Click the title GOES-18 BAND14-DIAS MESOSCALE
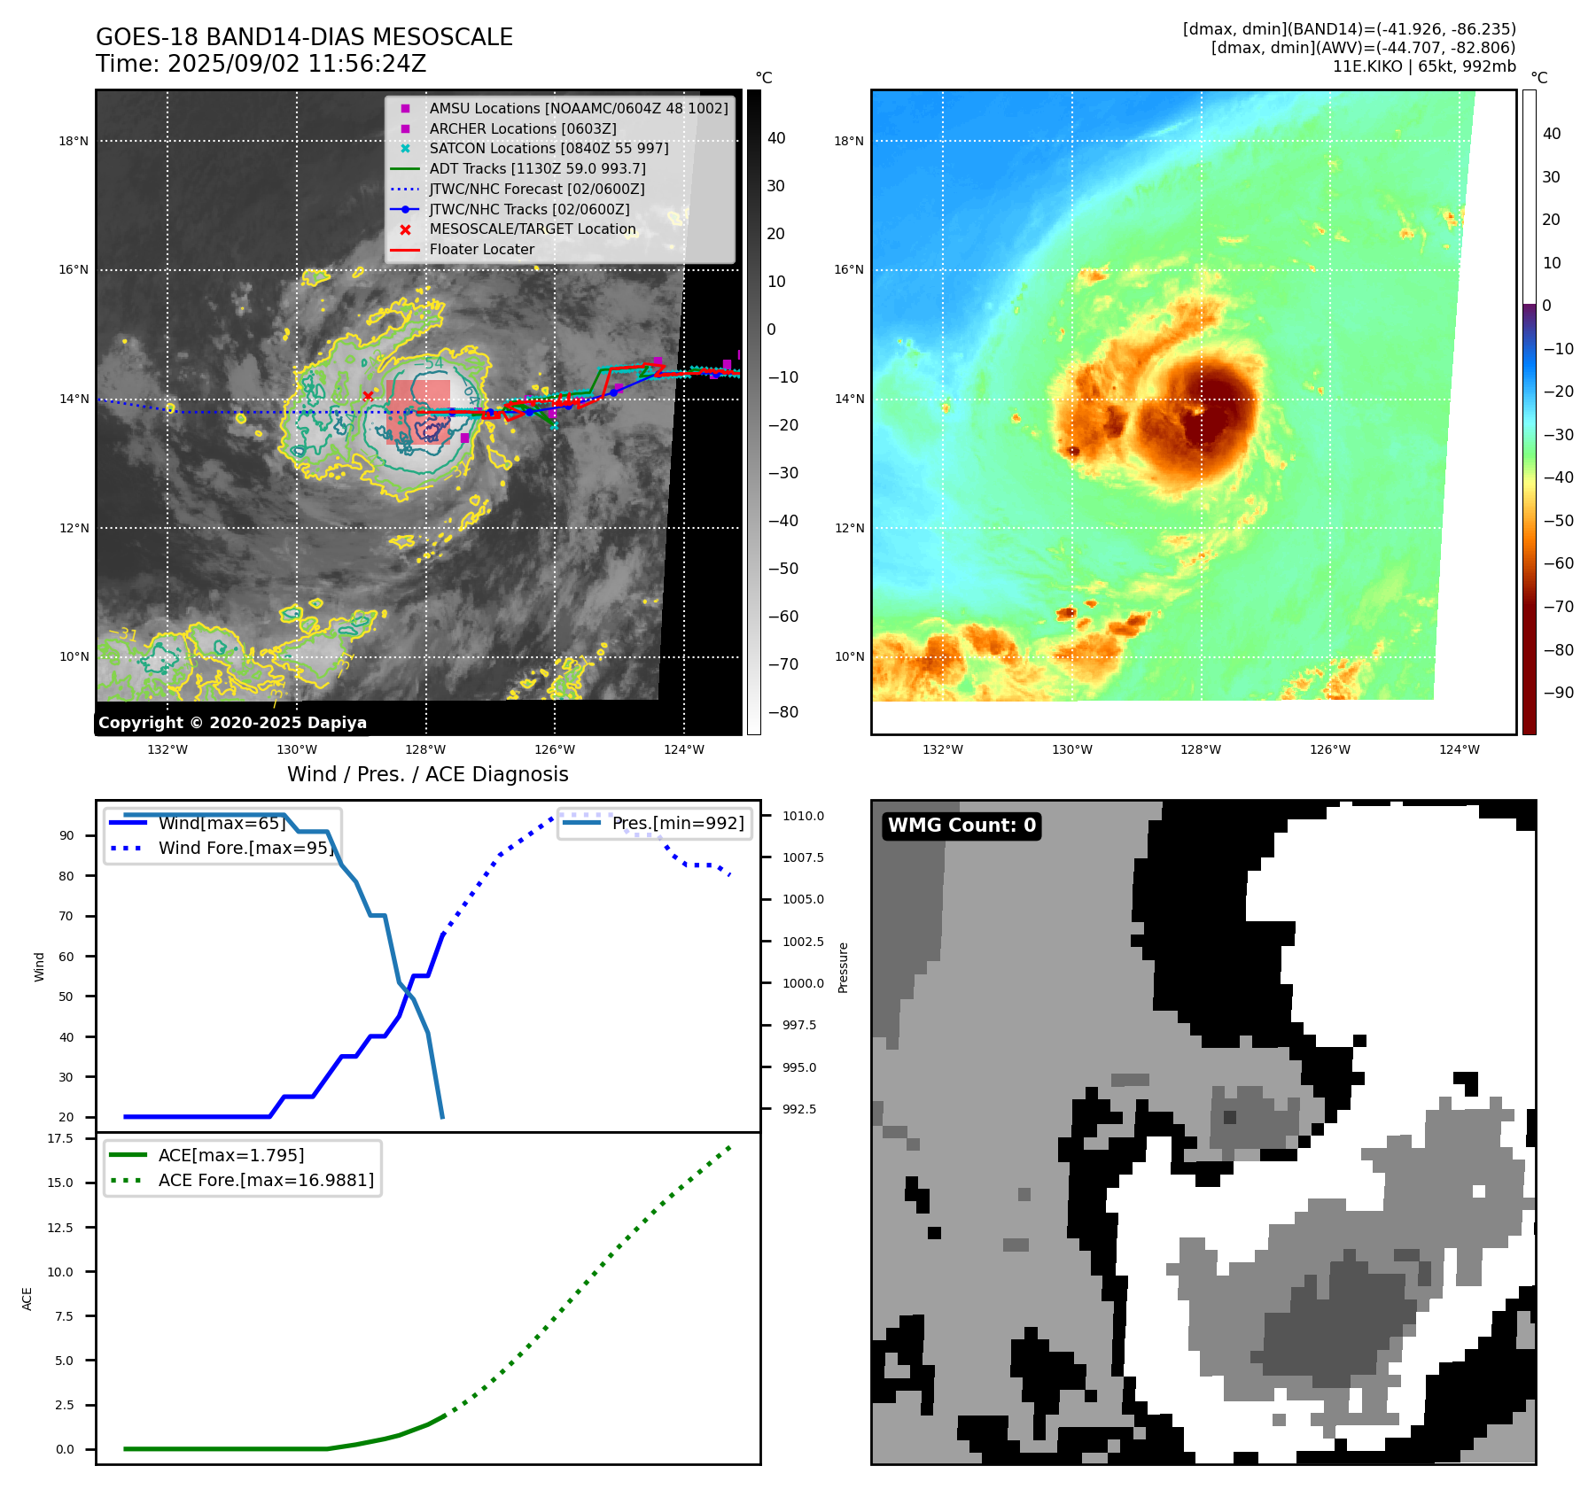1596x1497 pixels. [x=304, y=37]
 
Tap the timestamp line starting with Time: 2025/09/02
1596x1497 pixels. [x=261, y=64]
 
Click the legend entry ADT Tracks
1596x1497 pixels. [x=537, y=168]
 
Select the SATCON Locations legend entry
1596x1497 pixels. [x=549, y=148]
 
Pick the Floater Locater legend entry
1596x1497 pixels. [x=481, y=250]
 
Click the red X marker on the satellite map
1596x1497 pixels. [x=368, y=396]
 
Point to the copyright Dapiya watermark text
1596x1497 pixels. [x=232, y=723]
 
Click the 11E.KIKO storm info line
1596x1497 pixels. [x=1423, y=66]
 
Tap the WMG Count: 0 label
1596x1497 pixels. [x=961, y=826]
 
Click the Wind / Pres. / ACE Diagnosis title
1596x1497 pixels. [x=427, y=774]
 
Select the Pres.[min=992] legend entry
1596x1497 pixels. [x=678, y=823]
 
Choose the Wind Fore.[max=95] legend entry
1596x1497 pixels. [x=245, y=848]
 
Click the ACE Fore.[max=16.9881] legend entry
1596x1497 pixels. [x=266, y=1180]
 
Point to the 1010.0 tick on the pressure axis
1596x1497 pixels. [x=803, y=816]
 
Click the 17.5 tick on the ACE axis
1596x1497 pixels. [x=60, y=1138]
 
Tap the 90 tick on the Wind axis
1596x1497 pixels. [x=66, y=835]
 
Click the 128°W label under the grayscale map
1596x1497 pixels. [x=425, y=749]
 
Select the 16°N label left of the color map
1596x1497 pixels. [x=848, y=270]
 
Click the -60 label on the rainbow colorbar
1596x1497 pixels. [x=1558, y=563]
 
